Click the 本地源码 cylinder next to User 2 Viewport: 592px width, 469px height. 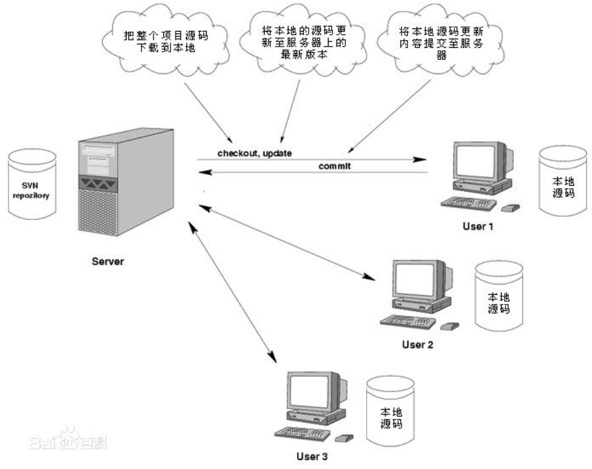click(496, 296)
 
